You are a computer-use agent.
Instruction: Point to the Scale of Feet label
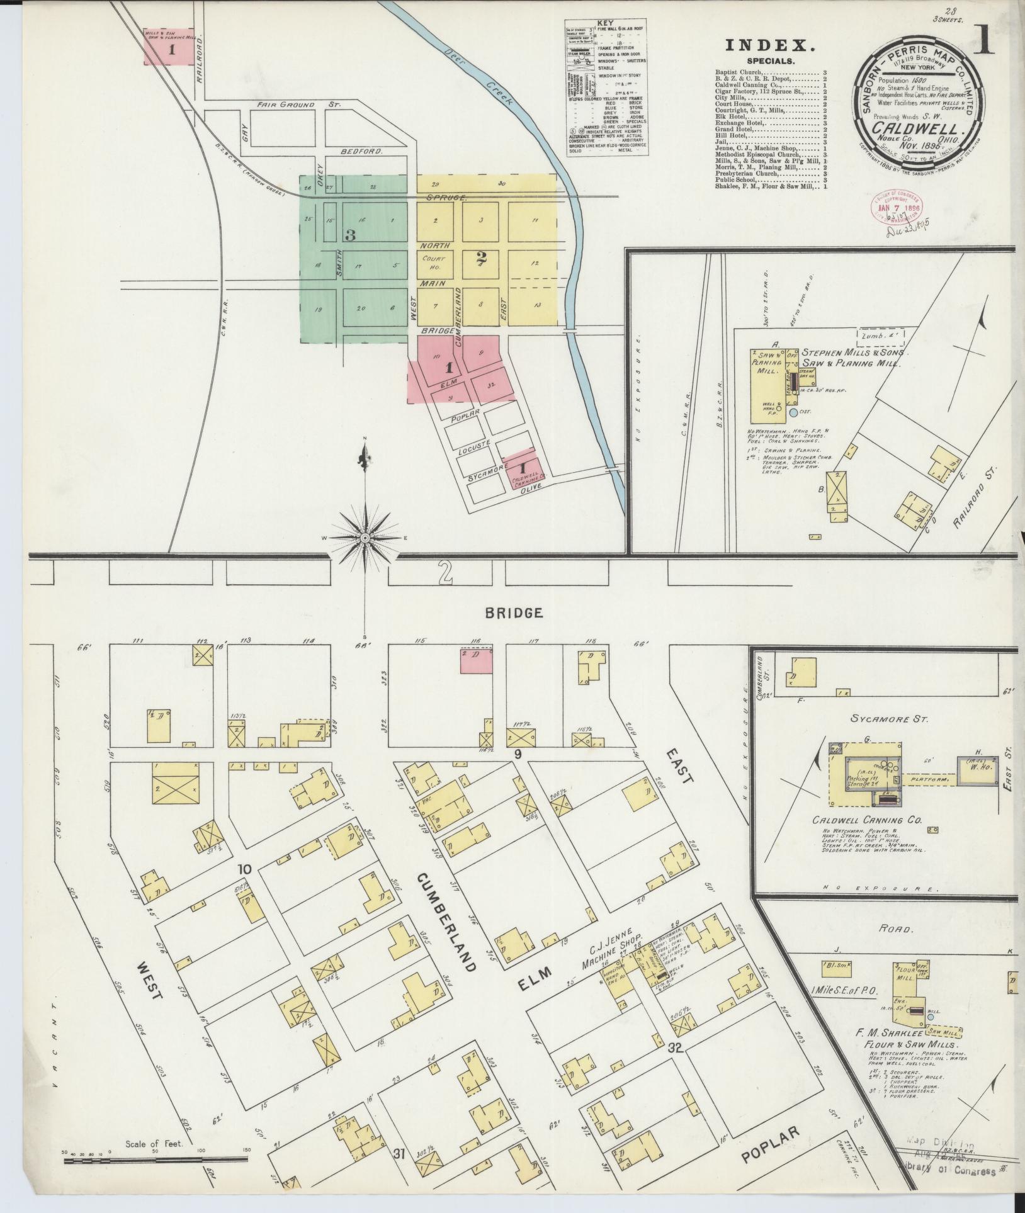point(154,1144)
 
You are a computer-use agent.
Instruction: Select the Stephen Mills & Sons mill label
point(850,359)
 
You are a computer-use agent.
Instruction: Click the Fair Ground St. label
point(298,104)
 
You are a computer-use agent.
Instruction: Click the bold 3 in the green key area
point(350,236)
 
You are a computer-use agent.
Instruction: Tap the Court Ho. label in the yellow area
point(434,264)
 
